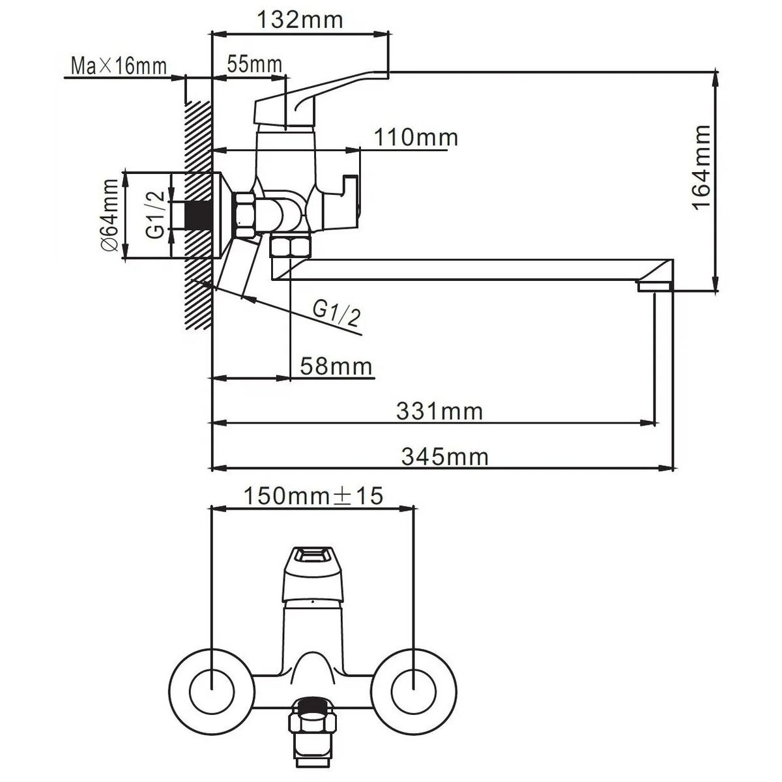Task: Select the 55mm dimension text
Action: (x=254, y=64)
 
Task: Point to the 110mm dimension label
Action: (x=416, y=138)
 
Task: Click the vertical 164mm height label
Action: (x=701, y=167)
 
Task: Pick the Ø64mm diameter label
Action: (x=110, y=215)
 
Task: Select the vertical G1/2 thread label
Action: (x=154, y=214)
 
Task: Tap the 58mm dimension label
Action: (x=336, y=366)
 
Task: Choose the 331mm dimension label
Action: (x=440, y=412)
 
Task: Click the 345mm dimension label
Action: (x=444, y=457)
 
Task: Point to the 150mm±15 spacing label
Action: (x=313, y=497)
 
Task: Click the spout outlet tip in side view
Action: (x=654, y=286)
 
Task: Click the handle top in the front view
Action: (x=312, y=561)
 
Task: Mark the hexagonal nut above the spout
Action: (x=291, y=247)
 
